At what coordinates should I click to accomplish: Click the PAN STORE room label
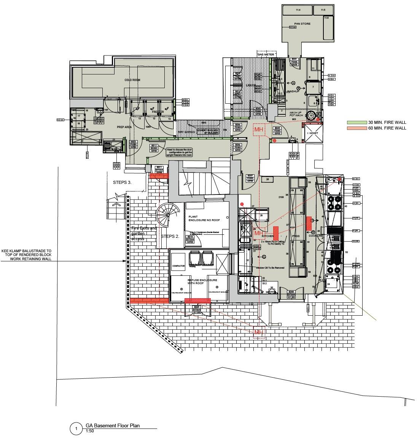[x=302, y=24]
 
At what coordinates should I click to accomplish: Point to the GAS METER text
[x=266, y=55]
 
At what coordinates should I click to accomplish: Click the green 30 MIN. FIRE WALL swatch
[x=357, y=123]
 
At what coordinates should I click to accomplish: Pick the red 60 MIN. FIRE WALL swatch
[x=357, y=128]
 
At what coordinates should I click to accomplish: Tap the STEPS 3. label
[x=122, y=182]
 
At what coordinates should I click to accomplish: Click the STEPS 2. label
[x=170, y=236]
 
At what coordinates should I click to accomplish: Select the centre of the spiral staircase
[x=167, y=214]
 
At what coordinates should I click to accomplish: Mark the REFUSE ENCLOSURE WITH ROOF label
[x=202, y=282]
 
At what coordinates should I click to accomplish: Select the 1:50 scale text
[x=90, y=431]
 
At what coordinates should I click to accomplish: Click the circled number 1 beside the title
[x=76, y=429]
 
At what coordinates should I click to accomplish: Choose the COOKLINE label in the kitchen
[x=316, y=236]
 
